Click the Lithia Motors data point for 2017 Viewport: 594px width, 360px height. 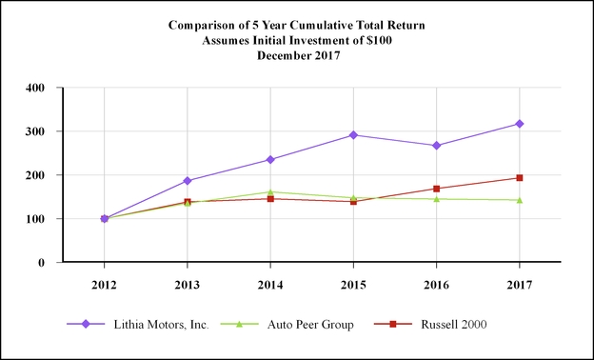(x=519, y=124)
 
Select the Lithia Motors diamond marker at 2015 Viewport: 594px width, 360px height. (x=353, y=135)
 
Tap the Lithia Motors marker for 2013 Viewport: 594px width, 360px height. (x=188, y=181)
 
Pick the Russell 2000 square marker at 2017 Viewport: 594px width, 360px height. (x=519, y=178)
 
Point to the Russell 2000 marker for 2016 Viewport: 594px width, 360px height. (x=436, y=189)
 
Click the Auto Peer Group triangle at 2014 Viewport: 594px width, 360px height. (x=270, y=192)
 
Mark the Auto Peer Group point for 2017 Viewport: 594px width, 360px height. (x=519, y=200)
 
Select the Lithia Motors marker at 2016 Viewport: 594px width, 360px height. (x=436, y=146)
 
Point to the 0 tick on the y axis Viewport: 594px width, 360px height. (x=42, y=263)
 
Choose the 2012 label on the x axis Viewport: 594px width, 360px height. (x=104, y=284)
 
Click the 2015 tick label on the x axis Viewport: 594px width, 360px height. (x=353, y=284)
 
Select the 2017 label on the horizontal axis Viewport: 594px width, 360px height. (x=519, y=284)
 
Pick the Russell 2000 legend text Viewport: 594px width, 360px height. (x=452, y=325)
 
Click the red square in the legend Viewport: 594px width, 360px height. (x=392, y=325)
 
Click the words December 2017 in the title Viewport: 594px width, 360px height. (x=296, y=56)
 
